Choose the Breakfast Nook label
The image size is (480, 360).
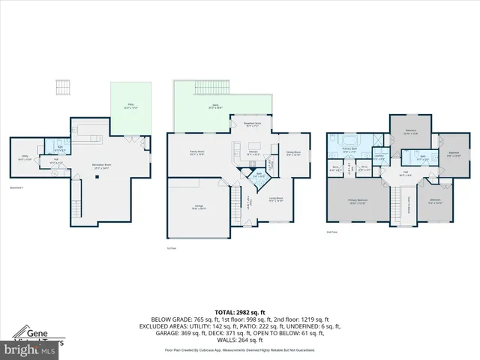click(252, 124)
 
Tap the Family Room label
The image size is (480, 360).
click(197, 153)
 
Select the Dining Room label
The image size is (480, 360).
click(293, 154)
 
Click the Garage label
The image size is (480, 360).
click(197, 208)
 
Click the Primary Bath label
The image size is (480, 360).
click(349, 149)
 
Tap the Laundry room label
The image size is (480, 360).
click(379, 157)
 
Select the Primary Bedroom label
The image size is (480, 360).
click(357, 200)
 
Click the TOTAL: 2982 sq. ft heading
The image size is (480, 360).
click(240, 312)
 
